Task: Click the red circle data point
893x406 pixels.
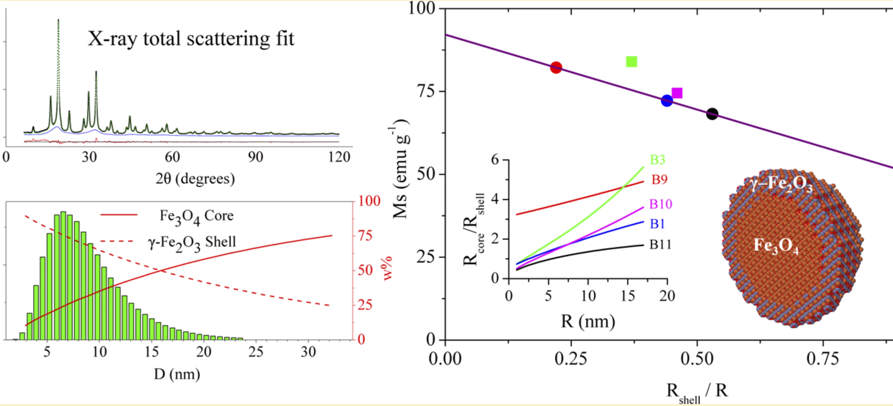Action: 556,68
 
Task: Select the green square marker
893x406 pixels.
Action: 632,62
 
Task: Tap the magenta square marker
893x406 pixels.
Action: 677,93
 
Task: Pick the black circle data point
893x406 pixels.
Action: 712,114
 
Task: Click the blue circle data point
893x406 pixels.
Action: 667,101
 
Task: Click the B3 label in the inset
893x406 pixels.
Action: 657,160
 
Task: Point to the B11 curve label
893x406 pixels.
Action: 660,245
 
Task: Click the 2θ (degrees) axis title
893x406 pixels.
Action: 195,179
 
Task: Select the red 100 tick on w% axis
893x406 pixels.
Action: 369,201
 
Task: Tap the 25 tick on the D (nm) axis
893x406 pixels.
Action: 256,352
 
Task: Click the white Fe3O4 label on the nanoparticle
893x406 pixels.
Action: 776,246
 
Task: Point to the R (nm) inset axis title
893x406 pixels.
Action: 588,321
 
